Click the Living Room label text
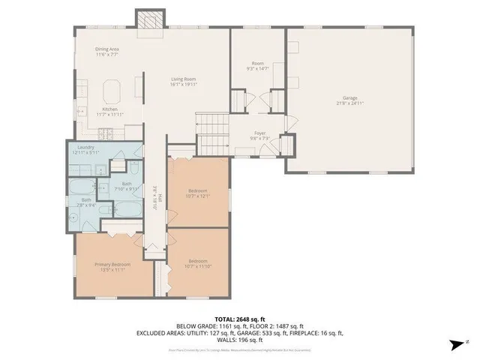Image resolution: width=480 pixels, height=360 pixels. click(x=184, y=82)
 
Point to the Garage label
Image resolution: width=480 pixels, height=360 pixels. click(x=349, y=100)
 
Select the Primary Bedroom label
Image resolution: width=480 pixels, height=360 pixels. click(x=109, y=266)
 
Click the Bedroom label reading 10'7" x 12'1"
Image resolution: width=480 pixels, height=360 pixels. click(x=198, y=193)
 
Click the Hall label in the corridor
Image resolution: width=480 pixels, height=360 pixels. click(x=154, y=196)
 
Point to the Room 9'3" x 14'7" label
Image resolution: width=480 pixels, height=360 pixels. click(x=257, y=65)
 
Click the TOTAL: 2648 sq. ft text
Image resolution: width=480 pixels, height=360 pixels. click(x=239, y=319)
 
